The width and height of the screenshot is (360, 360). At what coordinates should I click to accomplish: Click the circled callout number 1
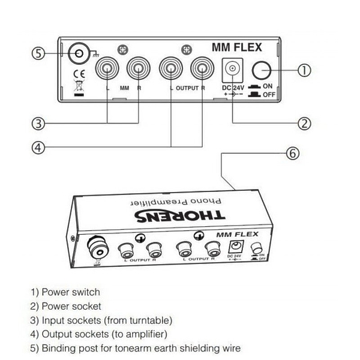coord(304,70)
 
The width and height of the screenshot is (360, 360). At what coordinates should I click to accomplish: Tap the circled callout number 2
coord(304,124)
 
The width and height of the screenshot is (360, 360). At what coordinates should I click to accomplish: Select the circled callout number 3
coord(38,124)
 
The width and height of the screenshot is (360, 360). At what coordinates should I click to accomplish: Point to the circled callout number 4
coord(38,146)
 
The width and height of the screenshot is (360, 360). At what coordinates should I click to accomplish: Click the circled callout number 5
coord(38,53)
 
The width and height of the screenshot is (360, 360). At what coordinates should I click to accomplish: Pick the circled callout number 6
coord(291,154)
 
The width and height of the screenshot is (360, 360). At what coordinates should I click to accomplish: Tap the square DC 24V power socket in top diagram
coord(231,70)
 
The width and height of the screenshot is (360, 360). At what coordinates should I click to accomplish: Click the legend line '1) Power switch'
coord(65,293)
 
